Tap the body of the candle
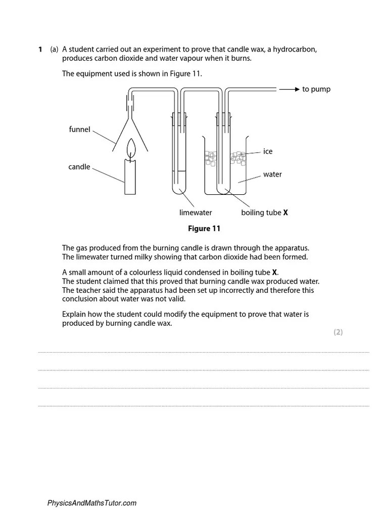(x=131, y=177)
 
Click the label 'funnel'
(x=79, y=129)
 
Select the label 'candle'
(x=79, y=167)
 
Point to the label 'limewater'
(x=196, y=213)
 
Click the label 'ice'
(x=268, y=151)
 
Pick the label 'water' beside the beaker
(x=272, y=175)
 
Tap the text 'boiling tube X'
(x=264, y=213)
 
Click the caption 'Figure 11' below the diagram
(x=204, y=229)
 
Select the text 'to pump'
(x=316, y=90)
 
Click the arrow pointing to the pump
(x=289, y=90)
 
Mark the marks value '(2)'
(x=338, y=332)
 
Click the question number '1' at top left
(x=40, y=50)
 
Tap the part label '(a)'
(x=54, y=50)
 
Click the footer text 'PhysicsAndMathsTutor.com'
(x=91, y=503)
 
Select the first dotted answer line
(x=204, y=352)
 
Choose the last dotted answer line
(x=204, y=406)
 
